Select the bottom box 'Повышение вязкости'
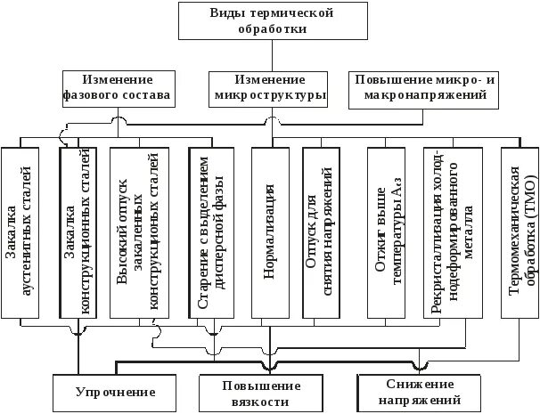262,394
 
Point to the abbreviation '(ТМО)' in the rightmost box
527,175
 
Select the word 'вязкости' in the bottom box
263,402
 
